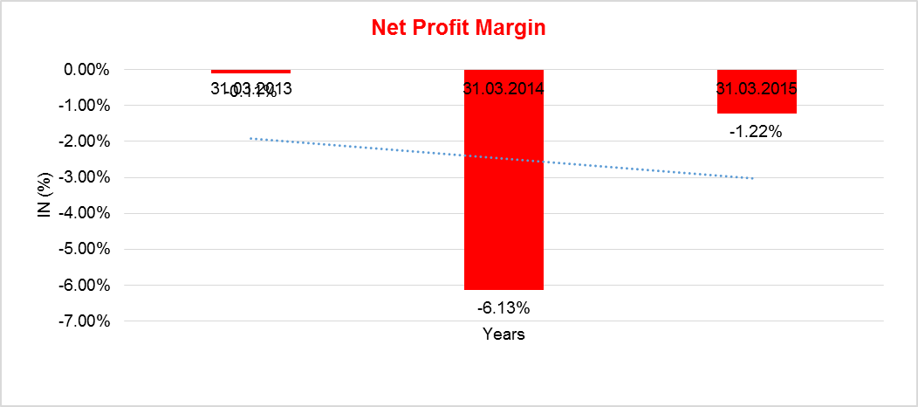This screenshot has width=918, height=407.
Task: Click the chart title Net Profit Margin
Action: click(458, 28)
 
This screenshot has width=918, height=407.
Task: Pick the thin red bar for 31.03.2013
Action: click(250, 71)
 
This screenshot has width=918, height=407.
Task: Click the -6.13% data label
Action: click(504, 307)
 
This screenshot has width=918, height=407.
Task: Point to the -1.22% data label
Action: click(756, 132)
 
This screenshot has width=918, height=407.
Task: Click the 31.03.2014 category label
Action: click(504, 88)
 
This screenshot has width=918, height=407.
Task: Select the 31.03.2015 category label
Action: click(757, 88)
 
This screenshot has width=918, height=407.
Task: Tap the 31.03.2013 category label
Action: click(250, 88)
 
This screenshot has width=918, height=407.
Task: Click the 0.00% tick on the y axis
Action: click(86, 69)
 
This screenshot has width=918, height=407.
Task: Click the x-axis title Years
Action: click(504, 335)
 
